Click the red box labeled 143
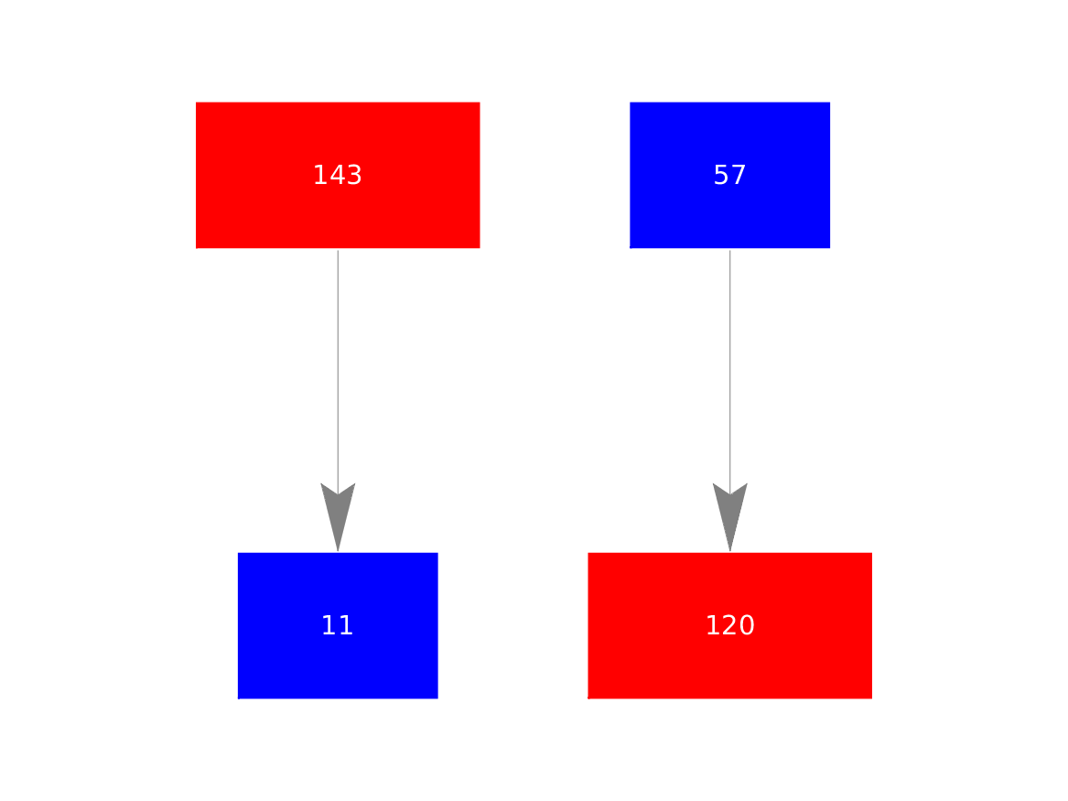pos(338,175)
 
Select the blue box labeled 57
pos(730,175)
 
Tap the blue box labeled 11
pos(338,625)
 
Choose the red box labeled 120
pos(730,625)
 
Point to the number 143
pos(338,175)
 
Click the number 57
pos(730,175)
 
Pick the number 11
pos(337,625)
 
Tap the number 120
pos(730,625)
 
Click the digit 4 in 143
pos(338,175)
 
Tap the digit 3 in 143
pos(354,175)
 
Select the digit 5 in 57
pos(721,175)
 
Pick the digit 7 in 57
pos(739,175)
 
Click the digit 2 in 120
pos(729,625)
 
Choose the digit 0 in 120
pos(747,625)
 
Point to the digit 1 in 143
pos(321,175)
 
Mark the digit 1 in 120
pos(713,625)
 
